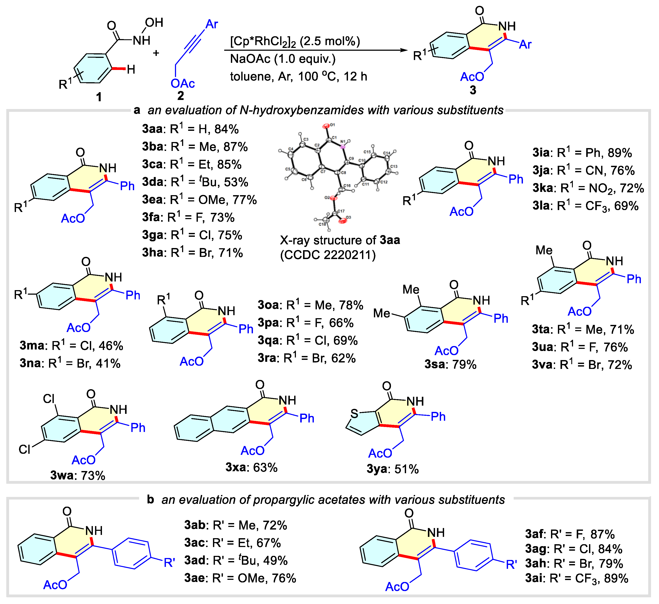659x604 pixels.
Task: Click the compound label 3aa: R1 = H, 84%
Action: [190, 129]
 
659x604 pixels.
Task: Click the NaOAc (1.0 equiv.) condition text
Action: [283, 59]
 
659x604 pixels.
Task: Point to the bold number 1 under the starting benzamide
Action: [98, 97]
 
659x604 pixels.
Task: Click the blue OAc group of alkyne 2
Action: [183, 84]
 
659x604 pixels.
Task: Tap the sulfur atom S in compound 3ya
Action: [354, 414]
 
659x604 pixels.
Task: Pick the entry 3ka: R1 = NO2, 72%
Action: [588, 188]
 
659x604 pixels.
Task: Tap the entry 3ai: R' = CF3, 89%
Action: [576, 579]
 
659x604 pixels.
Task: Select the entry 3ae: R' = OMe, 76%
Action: [240, 578]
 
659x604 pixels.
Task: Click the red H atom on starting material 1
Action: [131, 69]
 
